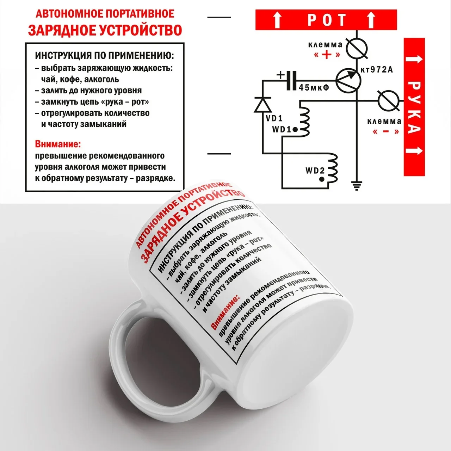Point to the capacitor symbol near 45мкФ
tap(292, 81)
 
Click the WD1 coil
tap(304, 122)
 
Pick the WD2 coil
tap(332, 168)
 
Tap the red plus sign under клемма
tap(327, 55)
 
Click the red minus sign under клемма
tap(386, 131)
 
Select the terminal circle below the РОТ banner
tap(357, 49)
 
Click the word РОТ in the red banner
tap(327, 20)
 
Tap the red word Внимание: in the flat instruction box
tap(58, 144)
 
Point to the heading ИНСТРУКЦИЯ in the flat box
tap(63, 56)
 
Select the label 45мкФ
tap(314, 87)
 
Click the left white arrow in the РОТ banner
tap(278, 20)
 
